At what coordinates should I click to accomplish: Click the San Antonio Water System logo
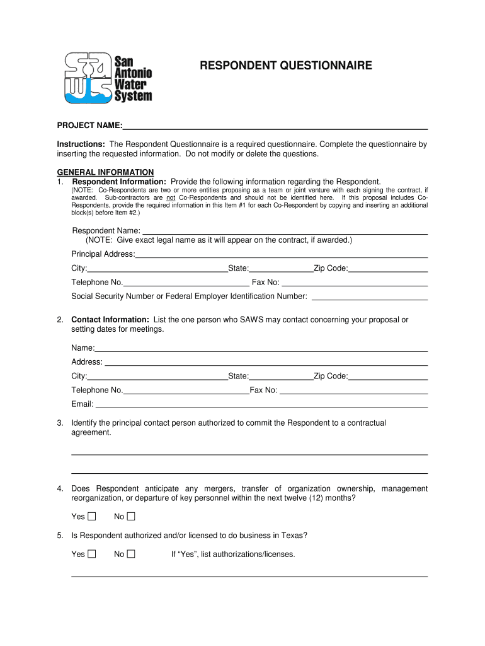pos(108,78)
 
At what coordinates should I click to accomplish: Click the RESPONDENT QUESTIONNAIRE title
pos(286,66)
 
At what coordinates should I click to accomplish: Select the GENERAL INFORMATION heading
pos(106,172)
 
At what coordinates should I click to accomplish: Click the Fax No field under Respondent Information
pos(354,282)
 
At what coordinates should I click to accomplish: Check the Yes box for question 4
pos(92,517)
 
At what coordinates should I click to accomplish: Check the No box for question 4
pos(131,517)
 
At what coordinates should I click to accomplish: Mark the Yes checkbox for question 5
pos(92,555)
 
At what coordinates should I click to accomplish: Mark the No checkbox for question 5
pos(131,555)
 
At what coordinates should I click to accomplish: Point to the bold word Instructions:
pos(81,144)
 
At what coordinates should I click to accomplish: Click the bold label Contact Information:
pos(110,320)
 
